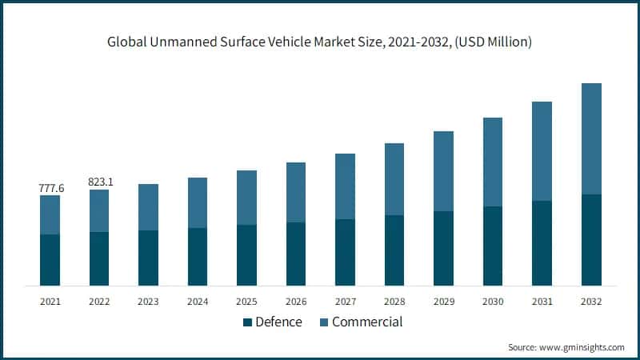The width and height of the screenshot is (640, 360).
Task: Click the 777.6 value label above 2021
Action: [x=50, y=187]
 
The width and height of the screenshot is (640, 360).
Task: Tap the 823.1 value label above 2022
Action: [x=100, y=182]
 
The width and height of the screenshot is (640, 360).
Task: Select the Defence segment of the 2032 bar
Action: [x=591, y=240]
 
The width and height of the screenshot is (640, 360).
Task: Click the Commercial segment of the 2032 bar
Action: [x=591, y=138]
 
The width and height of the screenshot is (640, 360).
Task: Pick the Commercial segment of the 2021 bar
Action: [x=50, y=214]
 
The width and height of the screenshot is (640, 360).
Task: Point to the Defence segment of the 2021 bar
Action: [x=50, y=260]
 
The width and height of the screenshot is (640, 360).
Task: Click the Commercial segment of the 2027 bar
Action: [x=345, y=186]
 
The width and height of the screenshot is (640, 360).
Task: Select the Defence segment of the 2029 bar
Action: [x=443, y=248]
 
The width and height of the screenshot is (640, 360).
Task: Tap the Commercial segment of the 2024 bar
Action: [x=198, y=202]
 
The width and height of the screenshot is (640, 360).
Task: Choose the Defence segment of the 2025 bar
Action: [x=246, y=255]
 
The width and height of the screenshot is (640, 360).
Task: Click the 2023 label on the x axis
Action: [x=148, y=302]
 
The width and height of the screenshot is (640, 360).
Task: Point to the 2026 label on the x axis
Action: [x=296, y=302]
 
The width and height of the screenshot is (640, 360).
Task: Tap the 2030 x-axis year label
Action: [x=493, y=302]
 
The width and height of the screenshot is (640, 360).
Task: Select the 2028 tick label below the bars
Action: [x=394, y=302]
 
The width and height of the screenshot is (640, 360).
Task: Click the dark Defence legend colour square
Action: [x=247, y=322]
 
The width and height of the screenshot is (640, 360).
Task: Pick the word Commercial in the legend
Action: [x=367, y=322]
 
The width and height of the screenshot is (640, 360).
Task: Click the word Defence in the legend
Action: [x=278, y=322]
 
